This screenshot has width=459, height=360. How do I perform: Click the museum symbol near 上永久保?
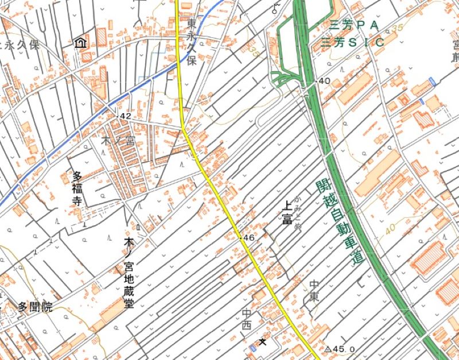coord(80,42)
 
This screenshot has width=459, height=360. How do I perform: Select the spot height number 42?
coord(126,116)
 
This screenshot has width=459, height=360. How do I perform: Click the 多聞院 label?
coord(34,307)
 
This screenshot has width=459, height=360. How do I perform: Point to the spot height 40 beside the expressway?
coord(324,81)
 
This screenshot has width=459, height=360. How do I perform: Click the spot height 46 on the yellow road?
coord(248,237)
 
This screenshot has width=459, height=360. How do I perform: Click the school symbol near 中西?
coord(263,342)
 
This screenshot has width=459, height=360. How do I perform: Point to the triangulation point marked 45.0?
coord(329,349)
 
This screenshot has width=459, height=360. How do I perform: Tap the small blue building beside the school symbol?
coord(252,348)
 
